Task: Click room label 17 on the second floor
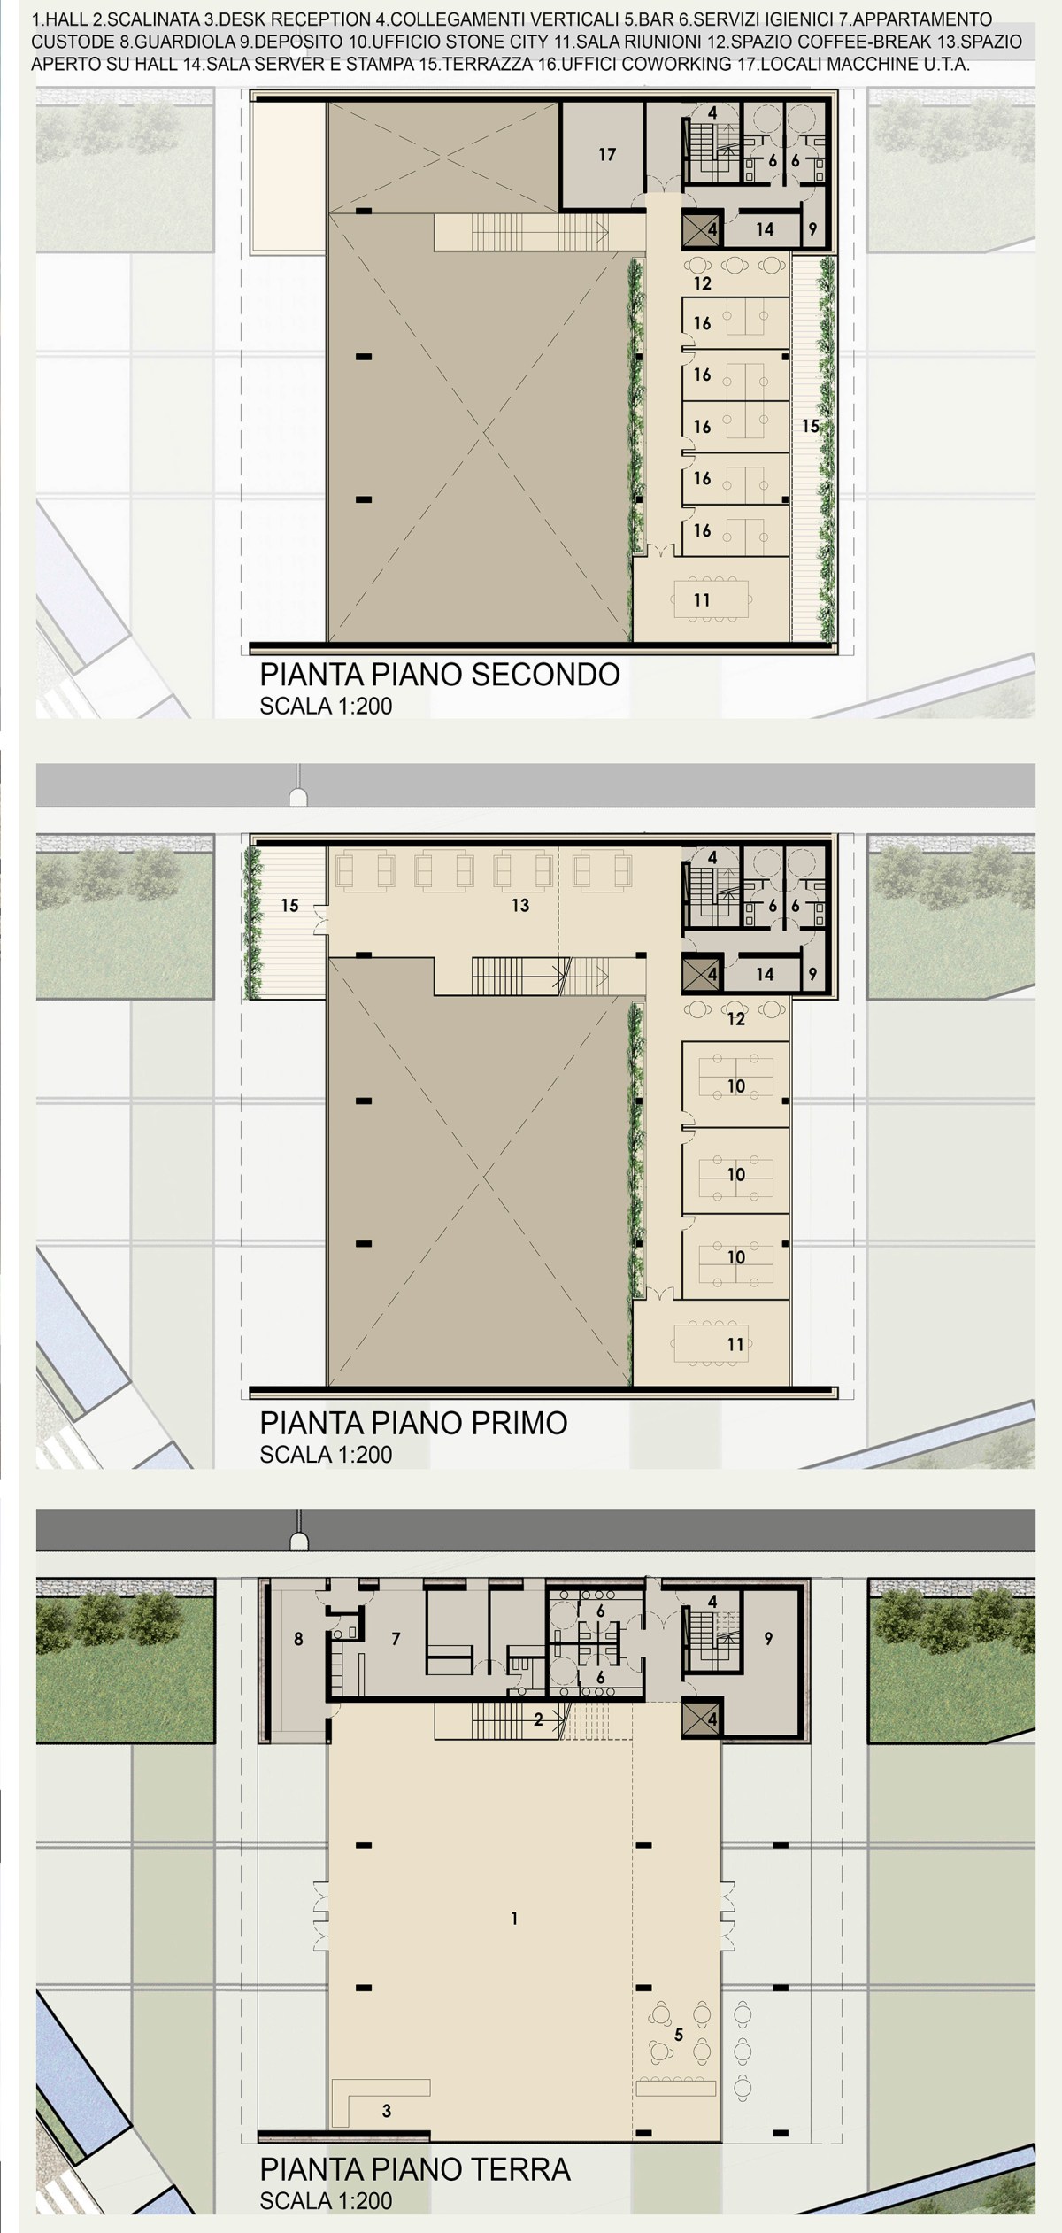[x=606, y=155]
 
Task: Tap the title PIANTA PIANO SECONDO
[x=439, y=675]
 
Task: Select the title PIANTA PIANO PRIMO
[x=413, y=1423]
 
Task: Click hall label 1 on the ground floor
[x=514, y=1919]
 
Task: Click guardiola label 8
[x=298, y=1639]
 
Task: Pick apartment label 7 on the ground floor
[x=396, y=1639]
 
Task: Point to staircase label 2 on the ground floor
[x=538, y=1720]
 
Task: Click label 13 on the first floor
[x=519, y=905]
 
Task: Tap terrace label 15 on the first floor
[x=289, y=905]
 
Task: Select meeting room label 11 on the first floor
[x=735, y=1344]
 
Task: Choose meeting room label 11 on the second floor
[x=702, y=600]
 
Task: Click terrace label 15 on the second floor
[x=810, y=426]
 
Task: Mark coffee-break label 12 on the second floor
[x=703, y=284]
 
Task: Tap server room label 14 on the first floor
[x=765, y=974]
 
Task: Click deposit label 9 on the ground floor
[x=768, y=1639]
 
